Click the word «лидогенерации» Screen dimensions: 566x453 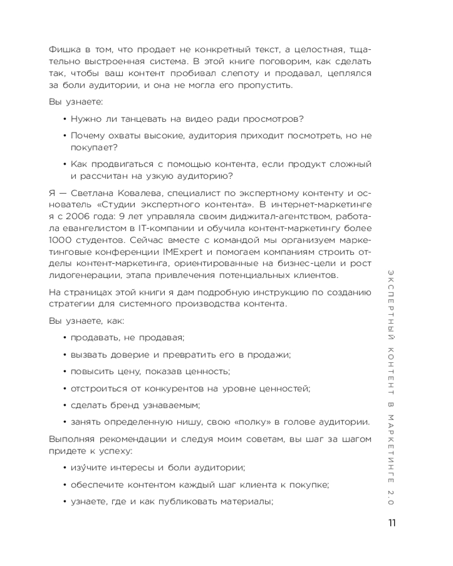(83, 275)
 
